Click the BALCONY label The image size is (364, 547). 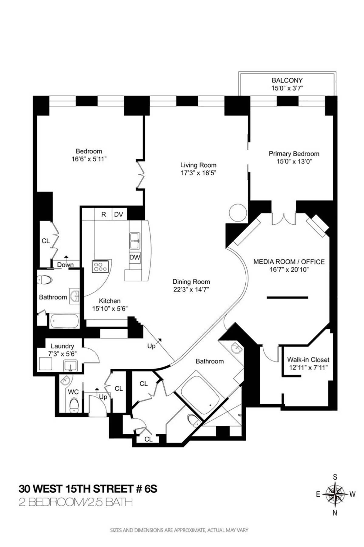(x=287, y=80)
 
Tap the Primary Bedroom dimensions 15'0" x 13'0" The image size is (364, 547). (x=294, y=162)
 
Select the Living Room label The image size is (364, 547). (x=198, y=165)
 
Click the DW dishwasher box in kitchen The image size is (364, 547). (x=135, y=257)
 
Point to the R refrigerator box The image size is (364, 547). (x=103, y=214)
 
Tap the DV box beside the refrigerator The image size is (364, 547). (x=119, y=214)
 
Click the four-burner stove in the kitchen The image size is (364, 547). (x=100, y=267)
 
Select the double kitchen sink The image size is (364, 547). (x=134, y=241)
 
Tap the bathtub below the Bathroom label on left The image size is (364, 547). (x=64, y=321)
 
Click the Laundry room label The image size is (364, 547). (x=62, y=346)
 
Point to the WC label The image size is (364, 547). (x=73, y=392)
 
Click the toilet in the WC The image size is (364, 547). (x=74, y=405)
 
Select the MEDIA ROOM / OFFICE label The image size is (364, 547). (x=289, y=262)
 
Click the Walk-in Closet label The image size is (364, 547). (x=308, y=360)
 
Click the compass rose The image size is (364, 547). (x=335, y=494)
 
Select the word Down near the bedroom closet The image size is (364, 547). (x=66, y=265)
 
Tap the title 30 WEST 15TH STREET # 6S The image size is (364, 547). (x=88, y=489)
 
